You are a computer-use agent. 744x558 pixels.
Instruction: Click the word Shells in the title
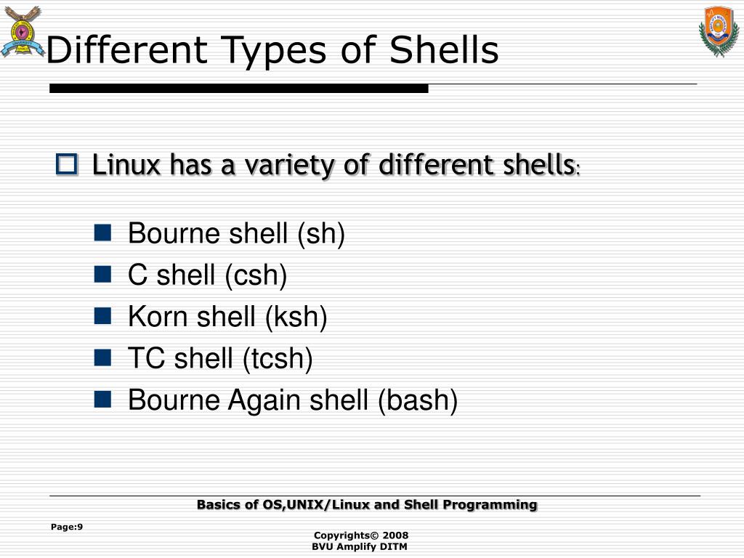click(x=444, y=51)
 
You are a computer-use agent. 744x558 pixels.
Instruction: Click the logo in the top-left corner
click(x=21, y=31)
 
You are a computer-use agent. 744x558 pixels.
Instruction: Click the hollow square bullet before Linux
click(x=66, y=165)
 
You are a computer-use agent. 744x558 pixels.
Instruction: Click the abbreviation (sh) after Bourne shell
click(x=320, y=234)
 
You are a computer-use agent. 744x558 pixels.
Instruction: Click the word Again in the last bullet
click(x=264, y=400)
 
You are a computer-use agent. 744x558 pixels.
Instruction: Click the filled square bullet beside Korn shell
click(x=102, y=315)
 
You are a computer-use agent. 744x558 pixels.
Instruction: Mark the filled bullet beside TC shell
click(x=102, y=357)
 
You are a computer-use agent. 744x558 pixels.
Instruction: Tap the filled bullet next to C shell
click(x=102, y=274)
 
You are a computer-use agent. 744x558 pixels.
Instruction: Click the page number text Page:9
click(x=67, y=527)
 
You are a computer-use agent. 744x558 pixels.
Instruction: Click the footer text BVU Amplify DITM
click(x=360, y=546)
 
